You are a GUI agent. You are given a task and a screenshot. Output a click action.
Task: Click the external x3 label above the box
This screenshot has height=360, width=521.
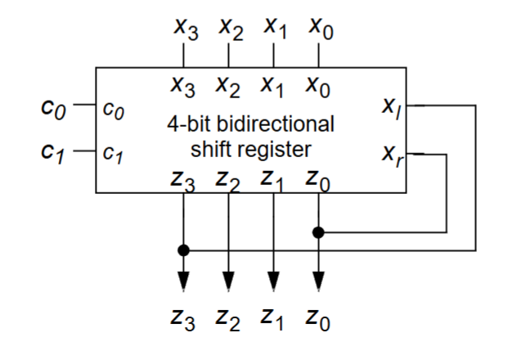click(183, 31)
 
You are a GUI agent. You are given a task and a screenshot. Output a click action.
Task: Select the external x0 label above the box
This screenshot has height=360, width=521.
click(320, 31)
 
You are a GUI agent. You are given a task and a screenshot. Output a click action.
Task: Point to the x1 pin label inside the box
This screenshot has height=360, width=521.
click(274, 85)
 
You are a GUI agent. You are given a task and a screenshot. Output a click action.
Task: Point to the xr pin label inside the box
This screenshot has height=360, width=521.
click(389, 152)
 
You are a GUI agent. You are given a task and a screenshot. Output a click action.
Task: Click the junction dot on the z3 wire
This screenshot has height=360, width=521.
click(183, 249)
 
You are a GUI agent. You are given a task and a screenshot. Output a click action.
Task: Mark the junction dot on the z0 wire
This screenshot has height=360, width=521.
click(319, 232)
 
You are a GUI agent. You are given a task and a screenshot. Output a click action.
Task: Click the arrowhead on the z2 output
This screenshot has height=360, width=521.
click(228, 280)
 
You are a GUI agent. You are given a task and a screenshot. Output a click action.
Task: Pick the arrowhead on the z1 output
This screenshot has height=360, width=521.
click(274, 280)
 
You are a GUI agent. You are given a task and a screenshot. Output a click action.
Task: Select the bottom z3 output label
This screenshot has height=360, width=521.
click(183, 325)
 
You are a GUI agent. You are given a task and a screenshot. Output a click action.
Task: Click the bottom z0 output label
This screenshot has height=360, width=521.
click(320, 325)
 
